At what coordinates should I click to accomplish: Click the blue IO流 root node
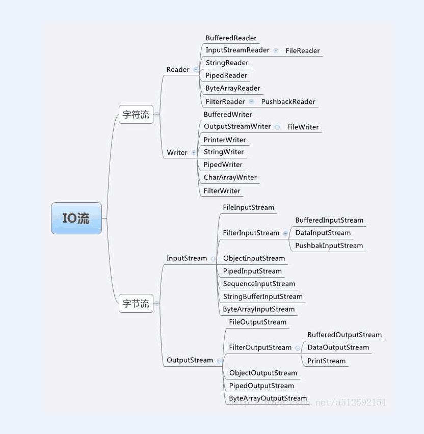click(76, 219)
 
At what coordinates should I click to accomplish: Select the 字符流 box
click(136, 115)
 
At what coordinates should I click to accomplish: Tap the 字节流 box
click(136, 304)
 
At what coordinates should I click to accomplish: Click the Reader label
click(178, 69)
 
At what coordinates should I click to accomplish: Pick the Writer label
click(177, 152)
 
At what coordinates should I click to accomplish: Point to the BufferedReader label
click(231, 38)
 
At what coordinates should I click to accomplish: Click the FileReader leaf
click(303, 50)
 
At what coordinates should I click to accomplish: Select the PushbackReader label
click(288, 101)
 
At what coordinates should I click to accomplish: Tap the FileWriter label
click(303, 127)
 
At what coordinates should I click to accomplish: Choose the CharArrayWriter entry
click(230, 177)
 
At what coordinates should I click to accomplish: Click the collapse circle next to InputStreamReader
click(276, 50)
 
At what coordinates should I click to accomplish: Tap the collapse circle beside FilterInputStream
click(285, 233)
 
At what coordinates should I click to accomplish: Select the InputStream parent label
click(187, 258)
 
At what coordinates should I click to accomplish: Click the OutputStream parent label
click(190, 360)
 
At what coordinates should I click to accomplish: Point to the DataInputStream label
click(323, 233)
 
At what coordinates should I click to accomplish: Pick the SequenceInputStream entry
click(259, 284)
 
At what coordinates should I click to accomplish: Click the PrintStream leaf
click(326, 361)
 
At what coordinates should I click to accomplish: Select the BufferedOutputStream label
click(344, 335)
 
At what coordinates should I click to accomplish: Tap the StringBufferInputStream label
click(262, 296)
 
